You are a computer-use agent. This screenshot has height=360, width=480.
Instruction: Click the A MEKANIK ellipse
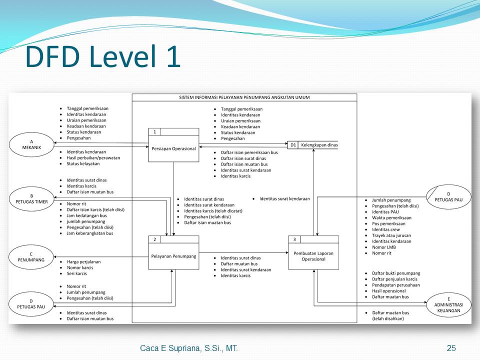coord(31,145)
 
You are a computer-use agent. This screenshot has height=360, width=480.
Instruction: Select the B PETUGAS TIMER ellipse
coord(31,198)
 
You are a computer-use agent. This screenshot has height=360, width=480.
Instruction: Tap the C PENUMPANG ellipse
coord(31,257)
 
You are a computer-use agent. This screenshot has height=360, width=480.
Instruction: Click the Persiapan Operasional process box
coord(173,148)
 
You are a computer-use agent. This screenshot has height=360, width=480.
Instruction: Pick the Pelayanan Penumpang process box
coord(173,256)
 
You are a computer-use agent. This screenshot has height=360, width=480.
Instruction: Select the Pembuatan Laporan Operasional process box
coord(313,256)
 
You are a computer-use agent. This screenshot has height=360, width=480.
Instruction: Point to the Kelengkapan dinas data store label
coord(319,145)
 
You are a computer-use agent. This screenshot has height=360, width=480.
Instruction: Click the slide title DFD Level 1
coord(102,56)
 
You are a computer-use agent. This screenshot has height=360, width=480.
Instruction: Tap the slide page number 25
coord(451,348)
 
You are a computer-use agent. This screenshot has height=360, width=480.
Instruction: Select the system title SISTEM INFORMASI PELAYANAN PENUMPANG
coord(244,97)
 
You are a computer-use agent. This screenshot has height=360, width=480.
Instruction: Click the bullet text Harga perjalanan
coord(83,261)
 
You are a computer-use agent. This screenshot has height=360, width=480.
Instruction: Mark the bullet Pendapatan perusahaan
coord(395,285)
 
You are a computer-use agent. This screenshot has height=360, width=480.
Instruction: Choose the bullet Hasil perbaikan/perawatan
coord(93,157)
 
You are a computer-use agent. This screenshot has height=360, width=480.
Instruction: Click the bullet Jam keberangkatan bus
coord(89,233)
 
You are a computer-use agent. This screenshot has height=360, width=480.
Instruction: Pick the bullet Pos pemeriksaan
coord(388,223)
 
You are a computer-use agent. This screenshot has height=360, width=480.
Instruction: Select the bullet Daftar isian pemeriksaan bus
coord(249,152)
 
